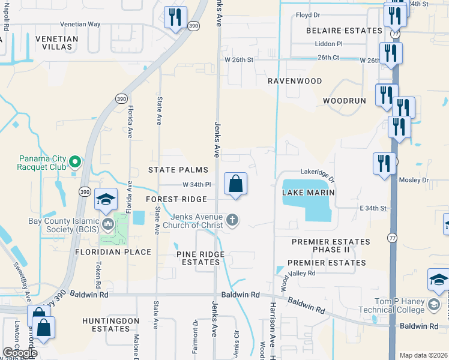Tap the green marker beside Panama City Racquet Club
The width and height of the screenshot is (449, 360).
click(75, 162)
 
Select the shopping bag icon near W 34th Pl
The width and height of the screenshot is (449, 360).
click(236, 184)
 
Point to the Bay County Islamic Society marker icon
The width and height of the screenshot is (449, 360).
click(108, 224)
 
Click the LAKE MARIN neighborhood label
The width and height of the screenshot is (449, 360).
click(308, 193)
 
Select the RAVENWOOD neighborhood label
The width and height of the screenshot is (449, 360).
click(295, 81)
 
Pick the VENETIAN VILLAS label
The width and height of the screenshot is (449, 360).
click(57, 43)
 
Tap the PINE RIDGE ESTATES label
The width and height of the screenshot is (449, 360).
click(200, 259)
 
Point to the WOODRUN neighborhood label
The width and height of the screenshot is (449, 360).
click(344, 101)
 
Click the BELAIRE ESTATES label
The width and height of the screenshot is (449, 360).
click(343, 31)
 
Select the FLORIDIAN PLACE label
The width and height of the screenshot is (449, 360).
click(113, 252)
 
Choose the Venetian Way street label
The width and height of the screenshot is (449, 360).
click(80, 25)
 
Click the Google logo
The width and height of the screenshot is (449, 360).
click(20, 353)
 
